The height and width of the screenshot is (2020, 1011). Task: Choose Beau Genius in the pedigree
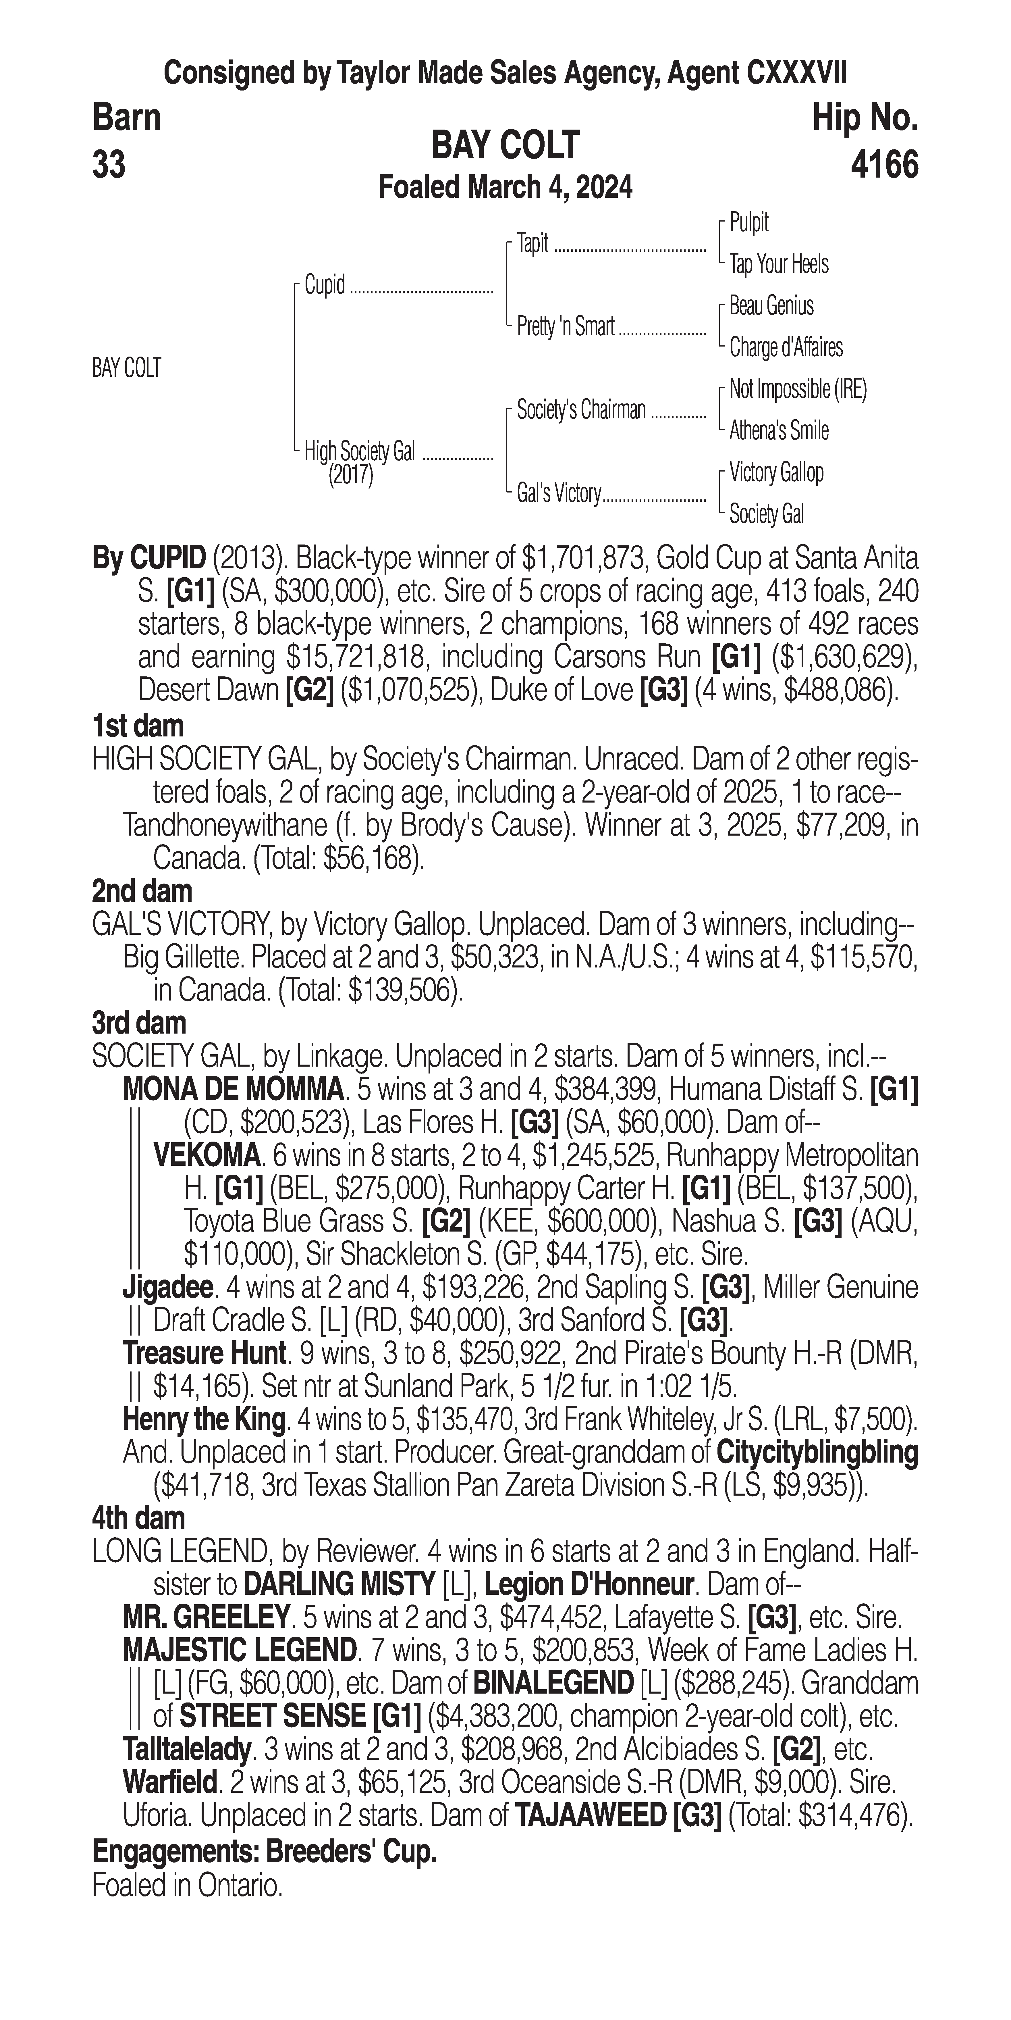771,306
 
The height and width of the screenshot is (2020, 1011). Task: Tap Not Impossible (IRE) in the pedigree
798,389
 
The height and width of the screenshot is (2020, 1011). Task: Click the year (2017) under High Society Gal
350,475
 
